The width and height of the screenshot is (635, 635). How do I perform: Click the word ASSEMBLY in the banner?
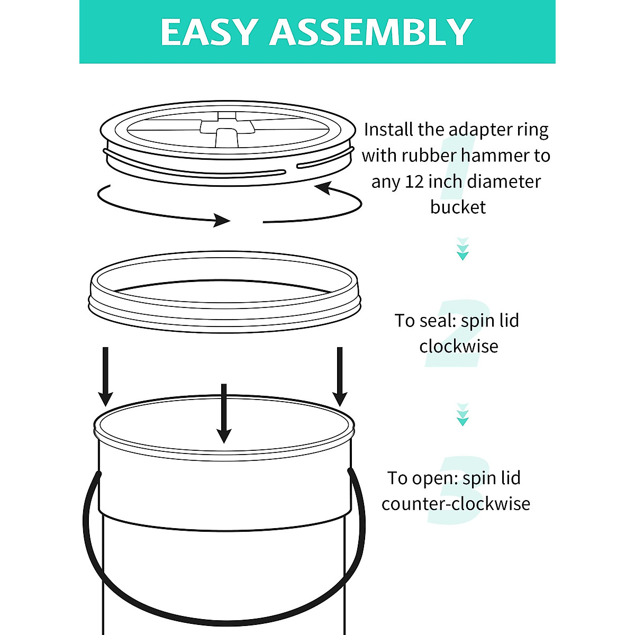point(371,33)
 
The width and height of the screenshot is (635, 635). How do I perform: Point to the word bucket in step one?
point(458,207)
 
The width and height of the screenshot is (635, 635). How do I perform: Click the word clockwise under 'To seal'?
point(458,346)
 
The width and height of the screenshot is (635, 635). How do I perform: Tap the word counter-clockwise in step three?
point(456,503)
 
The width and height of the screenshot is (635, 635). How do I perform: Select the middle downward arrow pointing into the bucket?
point(224,413)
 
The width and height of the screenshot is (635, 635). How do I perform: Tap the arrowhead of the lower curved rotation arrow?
point(222,220)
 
